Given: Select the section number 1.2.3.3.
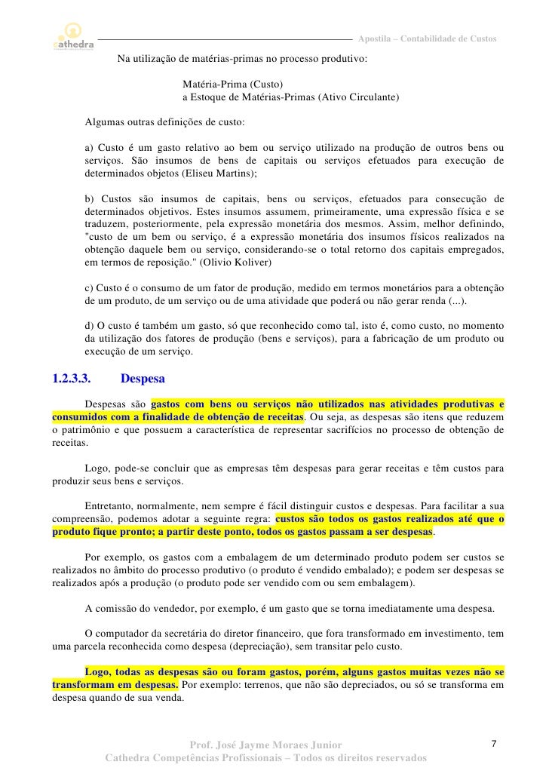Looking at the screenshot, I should [76, 378].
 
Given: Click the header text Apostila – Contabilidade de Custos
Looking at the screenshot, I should [427, 38].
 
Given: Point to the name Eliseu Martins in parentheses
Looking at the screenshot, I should [222, 173].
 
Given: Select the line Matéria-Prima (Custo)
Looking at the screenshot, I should [233, 84].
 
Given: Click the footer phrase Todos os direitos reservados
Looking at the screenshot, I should [360, 758].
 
